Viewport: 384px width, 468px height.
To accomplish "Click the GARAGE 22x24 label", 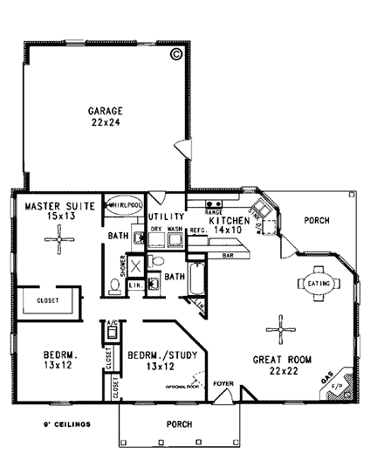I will coord(105,116).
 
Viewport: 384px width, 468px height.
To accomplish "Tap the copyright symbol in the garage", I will coord(176,54).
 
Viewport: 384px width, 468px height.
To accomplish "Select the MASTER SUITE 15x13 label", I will coord(53,211).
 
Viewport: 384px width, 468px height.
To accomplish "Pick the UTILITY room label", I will coord(164,216).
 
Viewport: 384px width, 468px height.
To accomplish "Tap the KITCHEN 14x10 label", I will coord(230,227).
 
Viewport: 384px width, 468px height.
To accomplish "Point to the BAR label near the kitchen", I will coord(229,256).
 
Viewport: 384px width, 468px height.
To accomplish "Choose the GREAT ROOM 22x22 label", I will coord(280,365).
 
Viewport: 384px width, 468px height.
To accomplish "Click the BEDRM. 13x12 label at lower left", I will coord(58,361).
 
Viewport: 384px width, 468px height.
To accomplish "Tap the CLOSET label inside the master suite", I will coord(48,300).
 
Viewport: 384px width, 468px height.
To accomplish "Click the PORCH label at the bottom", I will coord(179,424).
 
